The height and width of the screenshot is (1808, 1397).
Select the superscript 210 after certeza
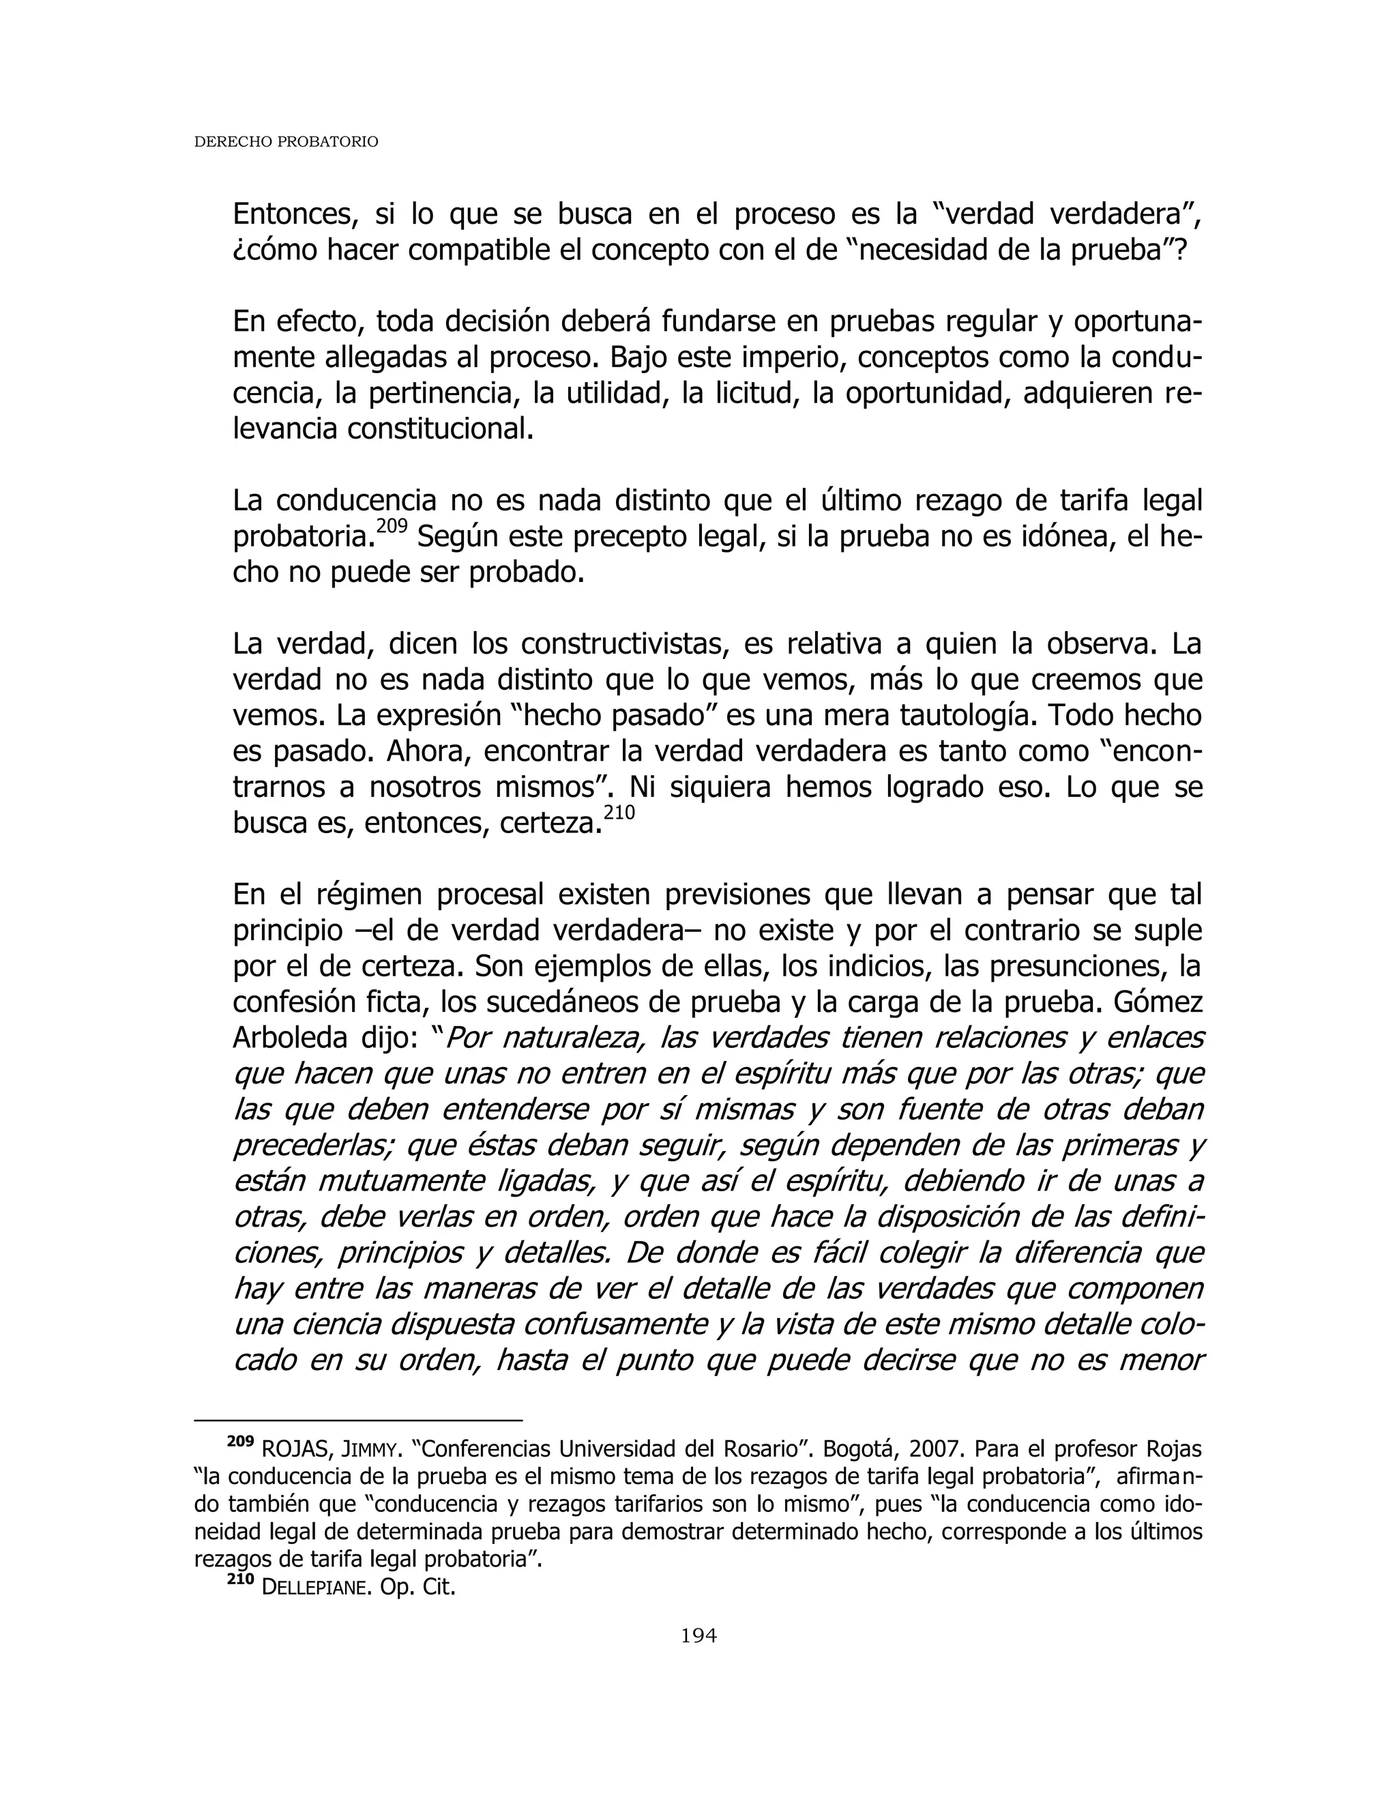619,813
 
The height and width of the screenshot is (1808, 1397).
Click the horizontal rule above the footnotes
357,1420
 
